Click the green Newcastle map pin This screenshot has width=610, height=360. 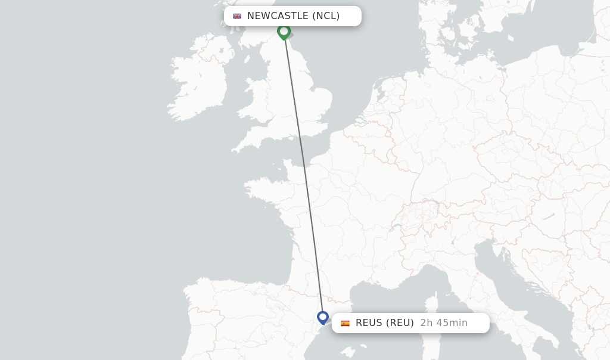point(284,31)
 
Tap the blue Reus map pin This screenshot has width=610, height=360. point(323,317)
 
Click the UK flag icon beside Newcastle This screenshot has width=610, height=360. point(237,16)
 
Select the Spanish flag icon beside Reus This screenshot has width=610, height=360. point(345,323)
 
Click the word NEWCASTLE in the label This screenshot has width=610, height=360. point(278,16)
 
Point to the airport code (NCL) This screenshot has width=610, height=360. point(326,16)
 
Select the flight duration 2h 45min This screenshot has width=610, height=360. point(444,323)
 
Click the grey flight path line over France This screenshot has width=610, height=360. point(309,209)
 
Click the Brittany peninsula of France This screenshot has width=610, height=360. point(262,191)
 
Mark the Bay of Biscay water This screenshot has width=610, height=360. point(238,250)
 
